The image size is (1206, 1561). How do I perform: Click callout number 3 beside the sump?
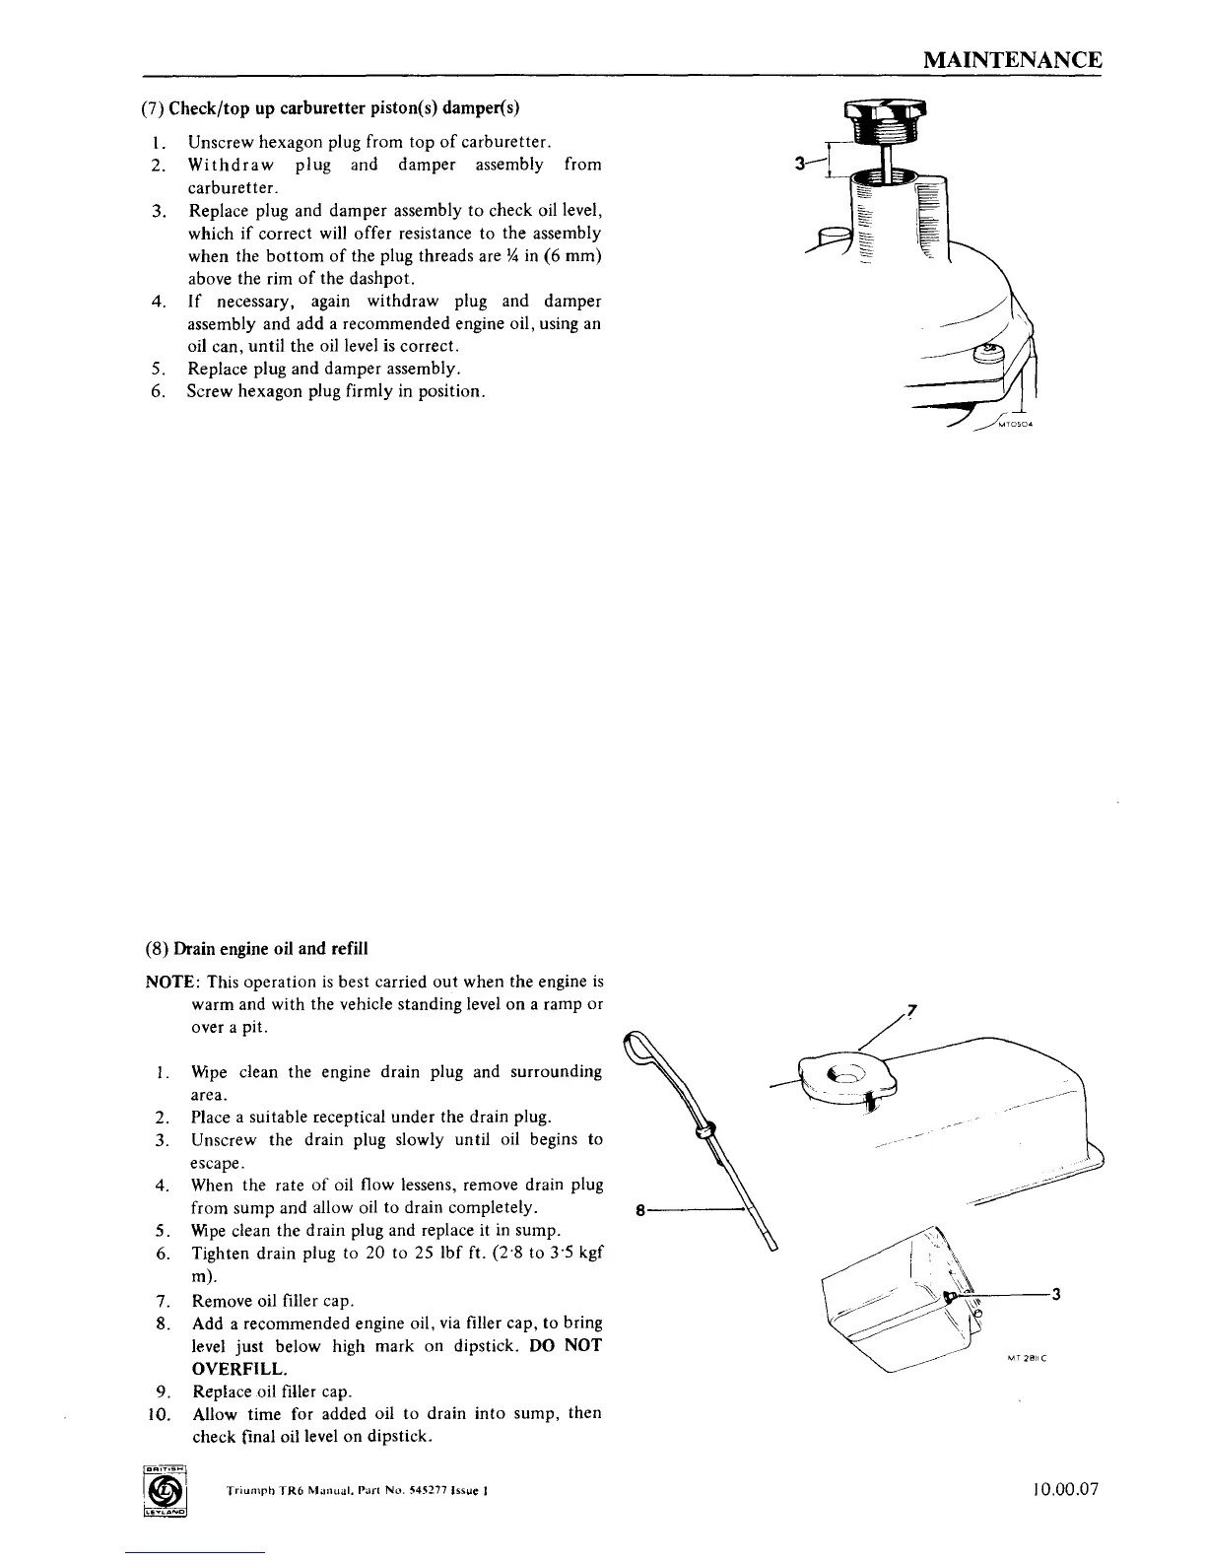[1056, 1295]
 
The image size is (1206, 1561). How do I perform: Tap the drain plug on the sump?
[949, 1295]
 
